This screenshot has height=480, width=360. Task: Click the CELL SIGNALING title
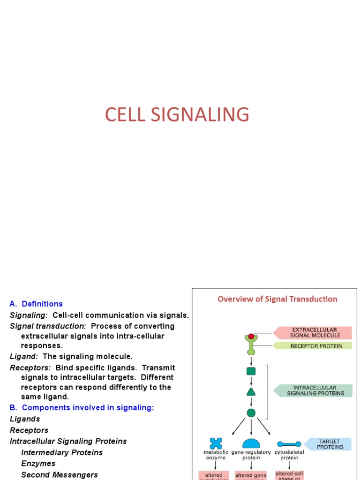click(177, 115)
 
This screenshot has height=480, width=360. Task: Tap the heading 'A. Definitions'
click(36, 304)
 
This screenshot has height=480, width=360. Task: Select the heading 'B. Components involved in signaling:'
click(82, 408)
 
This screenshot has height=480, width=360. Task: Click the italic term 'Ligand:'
click(24, 357)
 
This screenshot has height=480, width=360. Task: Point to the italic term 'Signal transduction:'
click(48, 326)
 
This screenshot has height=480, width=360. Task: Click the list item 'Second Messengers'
click(60, 475)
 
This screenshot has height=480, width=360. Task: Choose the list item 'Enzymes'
click(38, 464)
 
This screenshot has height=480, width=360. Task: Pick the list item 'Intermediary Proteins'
click(62, 452)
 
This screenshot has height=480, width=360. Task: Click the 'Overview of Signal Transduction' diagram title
click(277, 299)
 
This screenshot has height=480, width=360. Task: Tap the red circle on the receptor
click(251, 336)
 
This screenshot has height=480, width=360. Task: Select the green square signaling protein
click(251, 371)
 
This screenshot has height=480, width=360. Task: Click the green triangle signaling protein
click(251, 392)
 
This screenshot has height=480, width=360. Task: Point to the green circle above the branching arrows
click(251, 412)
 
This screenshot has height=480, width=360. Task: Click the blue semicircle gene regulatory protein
click(251, 443)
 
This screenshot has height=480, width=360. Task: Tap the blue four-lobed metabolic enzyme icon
click(216, 443)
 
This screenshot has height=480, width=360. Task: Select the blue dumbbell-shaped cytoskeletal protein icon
click(289, 443)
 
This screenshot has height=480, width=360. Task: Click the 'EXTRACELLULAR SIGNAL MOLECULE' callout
click(313, 333)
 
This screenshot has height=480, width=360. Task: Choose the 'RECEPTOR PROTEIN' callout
click(313, 346)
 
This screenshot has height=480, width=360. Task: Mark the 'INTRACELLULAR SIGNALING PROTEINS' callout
click(313, 390)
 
